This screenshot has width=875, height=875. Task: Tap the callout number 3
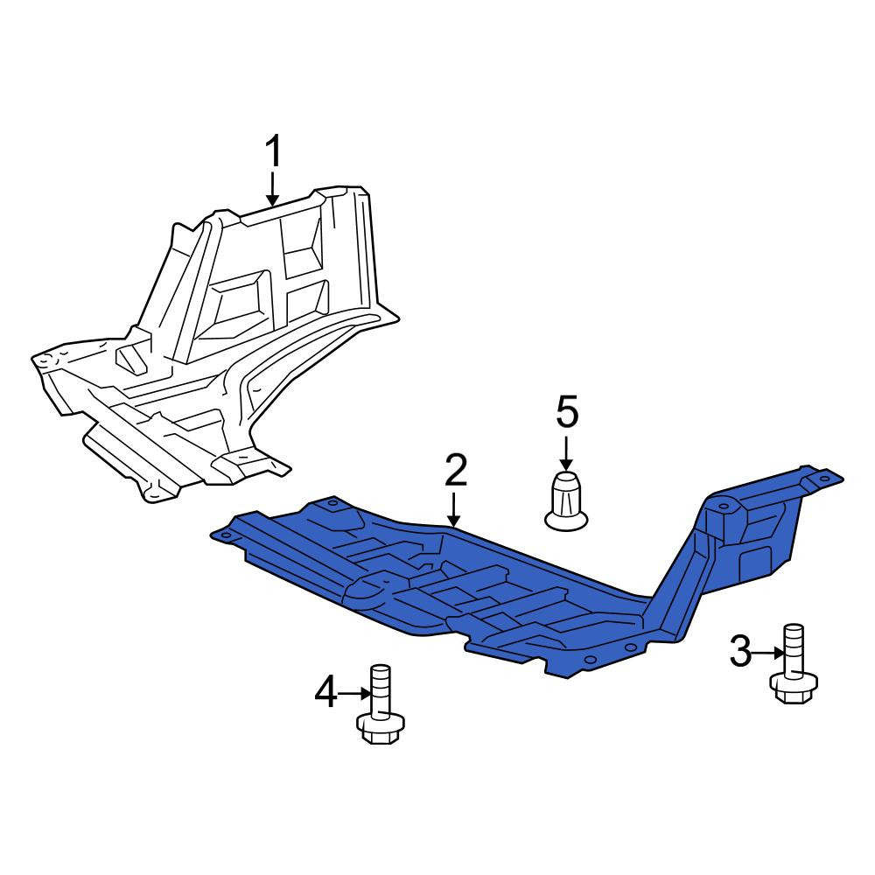pos(740,653)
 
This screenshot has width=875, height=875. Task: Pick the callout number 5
pos(567,412)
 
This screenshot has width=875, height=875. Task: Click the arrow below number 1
pos(272,189)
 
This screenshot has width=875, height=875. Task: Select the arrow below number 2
pos(455,509)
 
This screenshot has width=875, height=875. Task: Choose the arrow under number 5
pos(566,452)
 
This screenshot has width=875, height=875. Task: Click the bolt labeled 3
pos(794,663)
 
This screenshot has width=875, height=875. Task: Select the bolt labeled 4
pos(381,704)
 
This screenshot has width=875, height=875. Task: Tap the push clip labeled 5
pos(566,500)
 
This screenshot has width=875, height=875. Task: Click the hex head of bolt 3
pos(794,688)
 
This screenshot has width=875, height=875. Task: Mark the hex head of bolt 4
pos(381,728)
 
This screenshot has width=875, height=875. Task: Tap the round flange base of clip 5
pos(566,521)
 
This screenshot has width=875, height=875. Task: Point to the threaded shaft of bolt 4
pos(381,689)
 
